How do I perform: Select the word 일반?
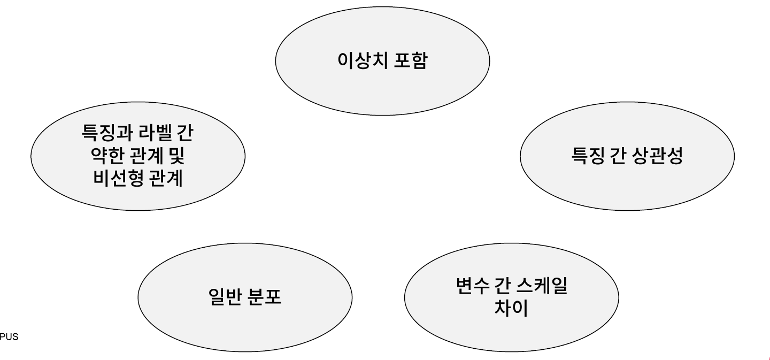[223, 298]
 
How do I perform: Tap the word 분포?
[265, 298]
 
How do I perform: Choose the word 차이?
[511, 309]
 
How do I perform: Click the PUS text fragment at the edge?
[9, 337]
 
